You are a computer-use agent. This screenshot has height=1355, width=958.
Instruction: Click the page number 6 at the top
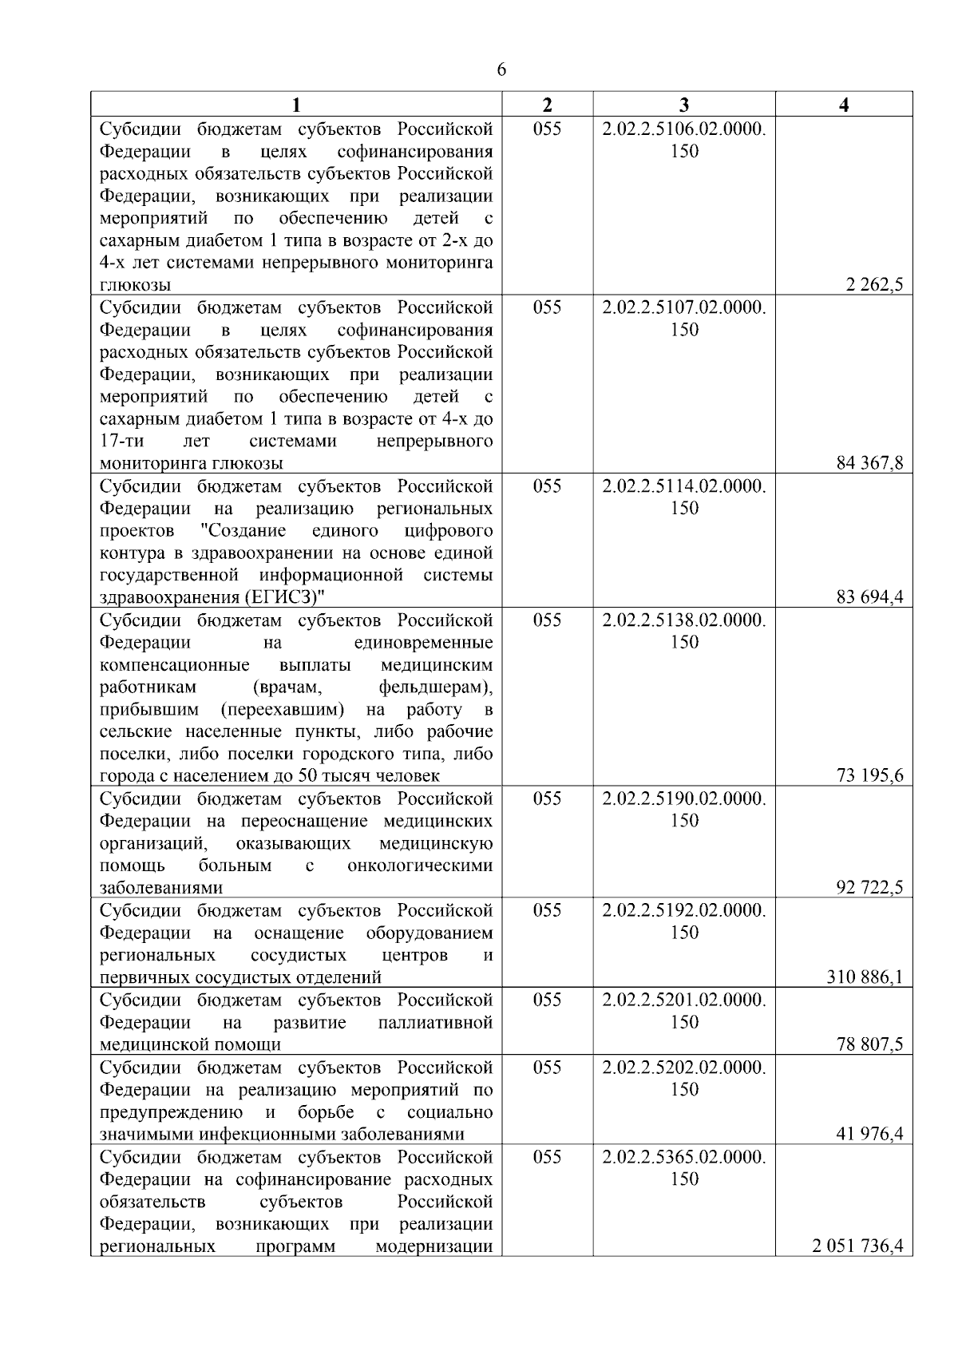501,70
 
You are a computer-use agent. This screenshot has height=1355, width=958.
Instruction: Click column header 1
296,105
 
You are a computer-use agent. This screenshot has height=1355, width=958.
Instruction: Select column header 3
684,105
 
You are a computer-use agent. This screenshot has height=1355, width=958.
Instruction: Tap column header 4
844,105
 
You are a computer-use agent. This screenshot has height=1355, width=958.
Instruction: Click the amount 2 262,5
874,285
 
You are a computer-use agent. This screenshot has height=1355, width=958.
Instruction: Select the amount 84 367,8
869,464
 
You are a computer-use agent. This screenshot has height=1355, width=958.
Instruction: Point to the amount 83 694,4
869,598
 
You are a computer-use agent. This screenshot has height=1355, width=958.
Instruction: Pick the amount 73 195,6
869,776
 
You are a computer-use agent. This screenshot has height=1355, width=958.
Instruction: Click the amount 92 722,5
869,888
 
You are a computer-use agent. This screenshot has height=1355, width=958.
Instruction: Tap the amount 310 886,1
865,977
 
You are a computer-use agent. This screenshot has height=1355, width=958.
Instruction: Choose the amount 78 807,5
869,1044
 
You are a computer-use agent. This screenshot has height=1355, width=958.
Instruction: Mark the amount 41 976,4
869,1135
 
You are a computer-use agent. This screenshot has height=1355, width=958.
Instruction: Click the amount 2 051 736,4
858,1246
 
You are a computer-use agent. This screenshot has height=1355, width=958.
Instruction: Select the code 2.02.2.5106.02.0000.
684,129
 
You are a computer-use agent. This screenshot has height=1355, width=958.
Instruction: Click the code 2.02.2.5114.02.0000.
684,486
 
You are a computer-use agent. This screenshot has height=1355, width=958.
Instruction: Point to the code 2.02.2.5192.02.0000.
684,911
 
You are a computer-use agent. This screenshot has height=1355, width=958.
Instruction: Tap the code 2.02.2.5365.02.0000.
684,1157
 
